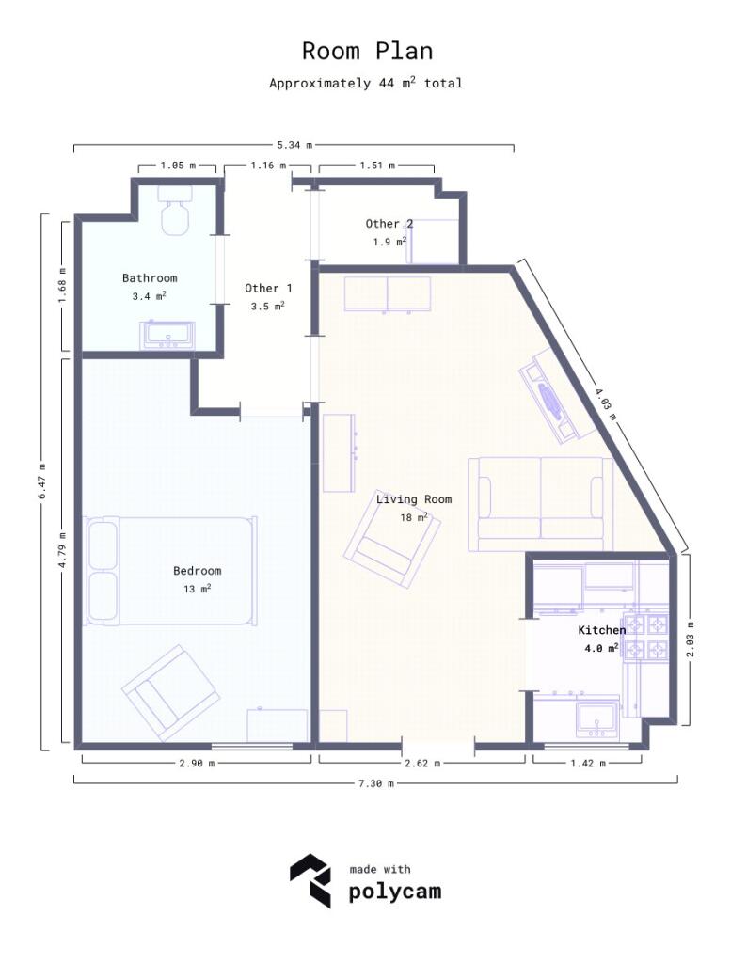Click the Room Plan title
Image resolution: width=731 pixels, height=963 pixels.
click(x=367, y=51)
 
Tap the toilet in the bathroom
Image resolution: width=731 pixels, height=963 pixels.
click(x=175, y=212)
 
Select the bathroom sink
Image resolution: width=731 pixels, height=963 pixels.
click(x=167, y=334)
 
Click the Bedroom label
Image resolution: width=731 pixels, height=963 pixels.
click(x=198, y=571)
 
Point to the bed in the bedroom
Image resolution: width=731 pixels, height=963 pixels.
click(x=171, y=570)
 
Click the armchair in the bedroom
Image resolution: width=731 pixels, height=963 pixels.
click(x=171, y=692)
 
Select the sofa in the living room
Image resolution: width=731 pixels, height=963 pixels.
click(x=540, y=503)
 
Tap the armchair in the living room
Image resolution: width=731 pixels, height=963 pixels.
click(x=392, y=540)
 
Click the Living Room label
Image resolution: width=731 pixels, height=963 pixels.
click(x=414, y=499)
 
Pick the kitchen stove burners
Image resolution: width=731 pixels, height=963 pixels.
click(x=647, y=637)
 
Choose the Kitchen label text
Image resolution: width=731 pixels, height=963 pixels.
click(x=601, y=630)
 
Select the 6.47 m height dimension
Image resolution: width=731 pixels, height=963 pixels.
click(x=42, y=481)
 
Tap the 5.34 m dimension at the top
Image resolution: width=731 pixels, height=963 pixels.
click(x=294, y=145)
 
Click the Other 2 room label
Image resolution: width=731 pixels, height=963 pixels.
click(x=389, y=224)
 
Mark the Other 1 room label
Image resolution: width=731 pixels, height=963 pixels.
click(x=269, y=288)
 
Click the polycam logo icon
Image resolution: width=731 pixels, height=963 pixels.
click(x=310, y=881)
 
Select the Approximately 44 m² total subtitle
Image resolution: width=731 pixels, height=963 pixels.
click(x=366, y=83)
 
